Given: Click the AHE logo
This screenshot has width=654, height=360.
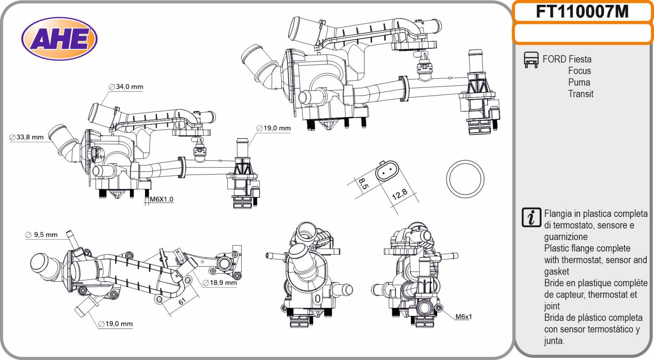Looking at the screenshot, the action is [59, 39].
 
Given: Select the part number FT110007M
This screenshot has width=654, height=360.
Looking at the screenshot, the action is [582, 11].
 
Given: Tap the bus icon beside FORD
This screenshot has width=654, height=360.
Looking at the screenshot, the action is [531, 60].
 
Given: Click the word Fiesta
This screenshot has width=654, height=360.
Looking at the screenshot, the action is [580, 59].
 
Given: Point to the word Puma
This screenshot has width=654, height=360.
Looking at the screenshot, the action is [579, 82].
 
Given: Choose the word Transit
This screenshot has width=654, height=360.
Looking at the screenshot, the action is [580, 94].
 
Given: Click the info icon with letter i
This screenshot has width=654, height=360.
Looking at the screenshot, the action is [531, 217].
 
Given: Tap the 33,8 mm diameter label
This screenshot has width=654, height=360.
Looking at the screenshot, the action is [26, 137].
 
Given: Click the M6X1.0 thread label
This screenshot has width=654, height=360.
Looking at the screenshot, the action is [161, 199].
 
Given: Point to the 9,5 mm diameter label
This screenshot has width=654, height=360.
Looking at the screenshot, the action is [41, 235].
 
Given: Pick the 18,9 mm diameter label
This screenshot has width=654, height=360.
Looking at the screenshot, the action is [220, 283].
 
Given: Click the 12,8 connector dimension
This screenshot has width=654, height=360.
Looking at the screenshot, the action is [399, 195].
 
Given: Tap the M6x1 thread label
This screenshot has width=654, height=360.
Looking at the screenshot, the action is [464, 317].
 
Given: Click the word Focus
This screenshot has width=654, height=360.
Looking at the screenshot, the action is [580, 71].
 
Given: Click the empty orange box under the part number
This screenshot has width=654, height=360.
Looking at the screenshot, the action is [582, 33].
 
